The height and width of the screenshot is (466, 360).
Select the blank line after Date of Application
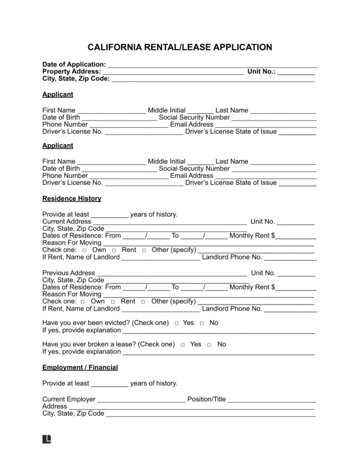(x=212, y=65)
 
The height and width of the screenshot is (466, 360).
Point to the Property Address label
(x=72, y=71)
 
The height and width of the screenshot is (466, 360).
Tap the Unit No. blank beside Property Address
(x=296, y=72)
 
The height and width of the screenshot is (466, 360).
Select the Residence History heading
(x=72, y=198)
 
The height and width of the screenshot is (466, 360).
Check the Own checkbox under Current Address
(x=84, y=250)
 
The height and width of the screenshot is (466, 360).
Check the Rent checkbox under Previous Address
(x=114, y=301)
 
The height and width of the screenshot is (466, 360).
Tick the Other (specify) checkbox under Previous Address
(x=145, y=301)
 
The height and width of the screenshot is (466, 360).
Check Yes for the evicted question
(x=176, y=324)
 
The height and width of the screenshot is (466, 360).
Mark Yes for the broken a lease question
(x=183, y=344)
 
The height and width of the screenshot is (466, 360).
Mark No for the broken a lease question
(x=210, y=344)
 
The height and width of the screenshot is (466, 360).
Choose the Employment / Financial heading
(x=80, y=368)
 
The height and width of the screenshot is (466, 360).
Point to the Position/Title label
(x=206, y=400)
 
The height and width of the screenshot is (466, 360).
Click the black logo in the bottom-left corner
(x=47, y=439)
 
